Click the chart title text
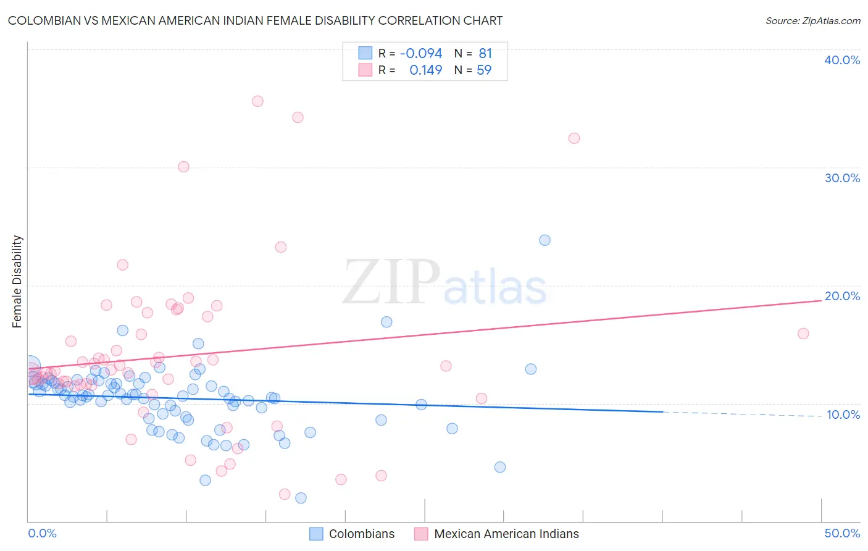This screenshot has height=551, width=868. [255, 20]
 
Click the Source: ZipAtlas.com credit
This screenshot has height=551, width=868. [812, 20]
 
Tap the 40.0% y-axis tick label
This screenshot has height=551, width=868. [842, 60]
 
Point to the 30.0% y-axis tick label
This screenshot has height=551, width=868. [842, 178]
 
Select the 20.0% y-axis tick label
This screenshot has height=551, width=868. [842, 296]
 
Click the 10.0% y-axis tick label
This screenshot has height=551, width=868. [843, 414]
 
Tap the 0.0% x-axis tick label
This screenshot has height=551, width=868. [42, 533]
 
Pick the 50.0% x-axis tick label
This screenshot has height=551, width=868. [842, 533]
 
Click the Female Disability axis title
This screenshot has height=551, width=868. [17, 281]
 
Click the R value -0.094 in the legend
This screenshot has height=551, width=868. [421, 54]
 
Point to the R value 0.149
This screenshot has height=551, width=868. [425, 70]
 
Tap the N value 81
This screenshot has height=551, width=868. [485, 54]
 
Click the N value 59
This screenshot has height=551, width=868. [484, 70]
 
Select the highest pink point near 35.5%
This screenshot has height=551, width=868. [257, 101]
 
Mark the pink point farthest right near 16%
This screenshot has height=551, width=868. [803, 334]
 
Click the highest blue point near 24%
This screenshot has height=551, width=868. [545, 240]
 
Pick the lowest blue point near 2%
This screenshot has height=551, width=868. [301, 498]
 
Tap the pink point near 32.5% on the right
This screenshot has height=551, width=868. [574, 138]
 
